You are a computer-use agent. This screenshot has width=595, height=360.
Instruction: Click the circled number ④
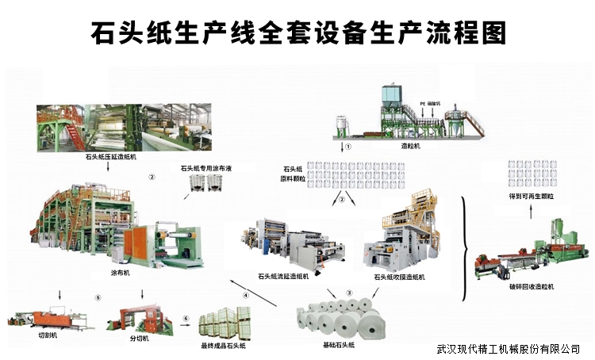tap(246, 296)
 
